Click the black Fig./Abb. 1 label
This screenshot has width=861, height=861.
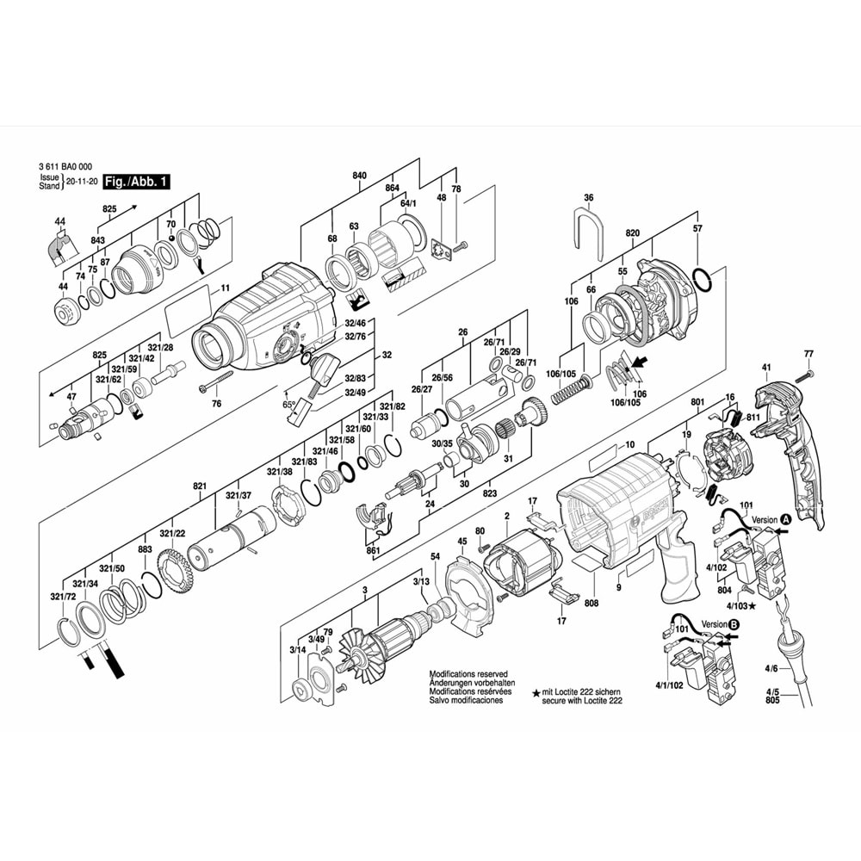coord(136,182)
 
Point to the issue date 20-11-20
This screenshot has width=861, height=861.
coord(81,183)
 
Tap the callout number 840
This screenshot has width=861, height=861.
coord(360,176)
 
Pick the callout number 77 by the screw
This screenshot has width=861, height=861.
coord(808,355)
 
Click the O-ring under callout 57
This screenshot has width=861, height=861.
coord(702,279)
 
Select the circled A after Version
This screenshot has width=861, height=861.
coord(785,520)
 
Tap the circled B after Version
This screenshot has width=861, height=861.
coord(733,623)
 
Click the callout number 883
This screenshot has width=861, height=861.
coord(145,549)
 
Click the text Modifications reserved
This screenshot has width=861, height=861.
coord(468,674)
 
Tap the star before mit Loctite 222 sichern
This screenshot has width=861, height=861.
coord(536,692)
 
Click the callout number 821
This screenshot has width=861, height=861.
coord(200,486)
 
